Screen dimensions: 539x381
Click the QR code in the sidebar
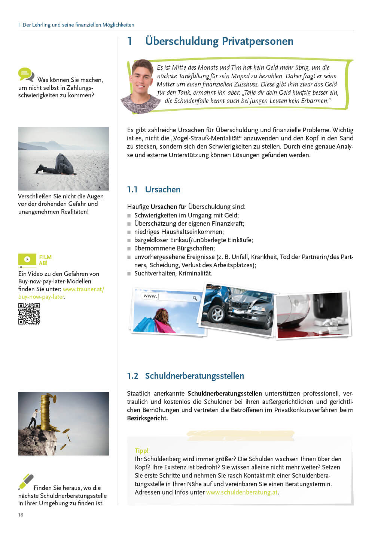(29, 314)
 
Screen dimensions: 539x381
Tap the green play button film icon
(27, 259)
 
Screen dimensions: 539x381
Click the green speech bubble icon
(25, 74)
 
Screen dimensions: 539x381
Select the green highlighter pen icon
(26, 481)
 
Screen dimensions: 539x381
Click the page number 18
(21, 515)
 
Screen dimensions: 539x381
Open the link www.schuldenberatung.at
(242, 492)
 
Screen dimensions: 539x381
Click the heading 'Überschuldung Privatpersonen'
(219, 41)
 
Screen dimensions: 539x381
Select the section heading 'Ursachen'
(162, 189)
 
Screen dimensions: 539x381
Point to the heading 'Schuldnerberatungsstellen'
(194, 376)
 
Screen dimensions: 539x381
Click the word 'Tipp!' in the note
(141, 451)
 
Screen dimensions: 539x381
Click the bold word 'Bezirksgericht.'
(147, 418)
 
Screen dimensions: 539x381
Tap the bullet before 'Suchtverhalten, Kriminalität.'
(129, 274)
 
